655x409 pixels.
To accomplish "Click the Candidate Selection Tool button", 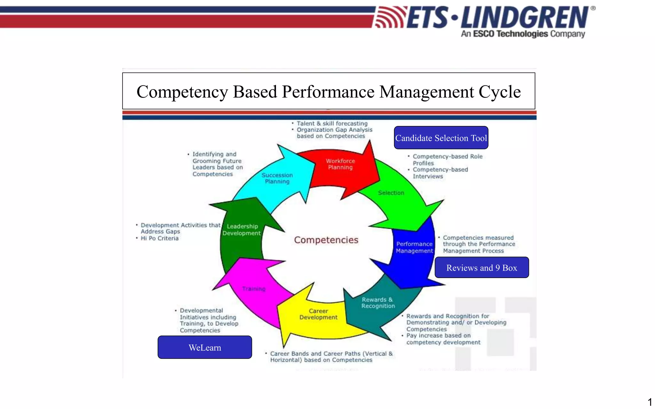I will click(x=441, y=138).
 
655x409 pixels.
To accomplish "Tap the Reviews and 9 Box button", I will click(x=481, y=268).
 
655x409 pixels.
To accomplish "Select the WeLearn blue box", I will click(x=205, y=347).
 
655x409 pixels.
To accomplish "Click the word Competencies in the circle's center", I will click(x=326, y=240).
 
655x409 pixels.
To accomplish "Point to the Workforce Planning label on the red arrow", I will click(x=340, y=164).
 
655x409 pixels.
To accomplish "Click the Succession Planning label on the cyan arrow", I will click(x=277, y=178).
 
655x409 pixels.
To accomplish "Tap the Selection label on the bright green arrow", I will click(x=391, y=193).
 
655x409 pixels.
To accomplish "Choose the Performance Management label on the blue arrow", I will click(x=414, y=247).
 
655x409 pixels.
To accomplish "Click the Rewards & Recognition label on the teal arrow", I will click(x=378, y=303).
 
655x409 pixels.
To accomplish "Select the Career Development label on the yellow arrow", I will click(x=318, y=314).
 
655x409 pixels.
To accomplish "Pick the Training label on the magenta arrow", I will click(x=254, y=289).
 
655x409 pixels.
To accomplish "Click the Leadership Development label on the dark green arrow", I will click(x=242, y=230).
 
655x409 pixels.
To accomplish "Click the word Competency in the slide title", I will click(x=182, y=92).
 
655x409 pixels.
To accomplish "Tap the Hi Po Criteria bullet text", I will click(x=159, y=238).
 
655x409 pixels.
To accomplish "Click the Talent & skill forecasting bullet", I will click(x=332, y=123).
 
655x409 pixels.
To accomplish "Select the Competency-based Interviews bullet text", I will click(x=440, y=173).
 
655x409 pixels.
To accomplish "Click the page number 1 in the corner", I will click(x=650, y=402).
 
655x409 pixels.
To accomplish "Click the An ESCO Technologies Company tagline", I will click(x=523, y=34).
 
